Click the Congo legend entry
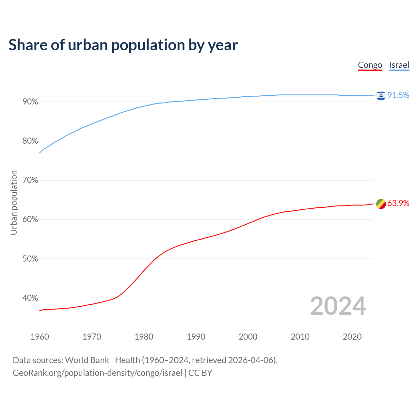[x=370, y=65]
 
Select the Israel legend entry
[x=399, y=65]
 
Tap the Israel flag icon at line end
[x=381, y=95]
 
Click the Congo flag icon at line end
[x=381, y=204]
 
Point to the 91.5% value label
[x=398, y=95]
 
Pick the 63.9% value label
[x=398, y=203]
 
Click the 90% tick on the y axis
[x=30, y=102]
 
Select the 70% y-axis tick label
[x=30, y=180]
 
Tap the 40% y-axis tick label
[x=30, y=298]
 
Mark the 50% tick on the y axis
[x=30, y=259]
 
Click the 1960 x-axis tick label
[x=40, y=337]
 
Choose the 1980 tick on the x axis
[x=144, y=337]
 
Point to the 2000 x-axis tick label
[x=248, y=337]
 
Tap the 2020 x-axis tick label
[x=352, y=337]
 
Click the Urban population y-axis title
[x=14, y=202]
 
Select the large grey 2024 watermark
[x=338, y=306]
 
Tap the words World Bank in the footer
[x=87, y=360]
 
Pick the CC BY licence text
[x=200, y=373]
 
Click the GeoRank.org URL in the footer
[x=97, y=373]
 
